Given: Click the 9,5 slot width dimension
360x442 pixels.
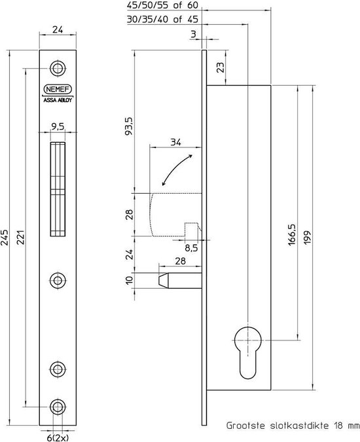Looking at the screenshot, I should click(58, 128).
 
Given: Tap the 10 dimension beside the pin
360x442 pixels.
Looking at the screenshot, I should click(129, 280).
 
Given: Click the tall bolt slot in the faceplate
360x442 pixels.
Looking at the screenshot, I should click(58, 191).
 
